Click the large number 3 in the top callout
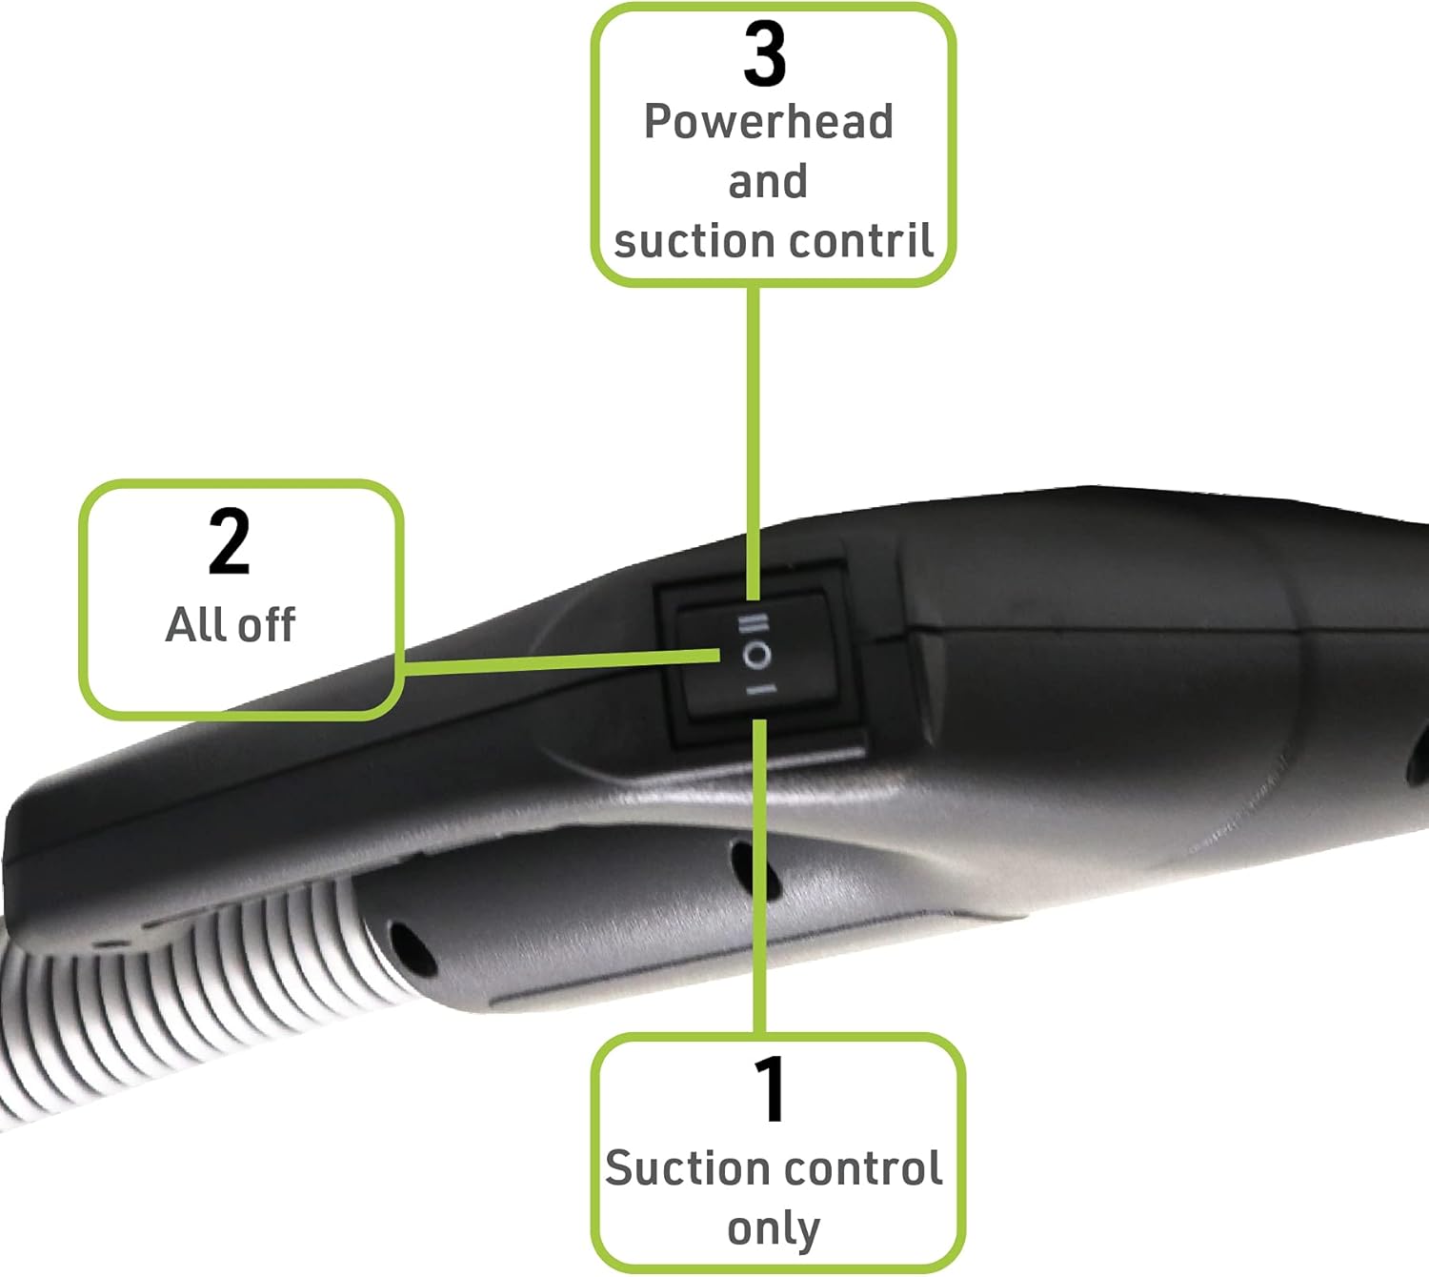coord(766,54)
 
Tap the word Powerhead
coord(769,123)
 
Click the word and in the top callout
coord(768,181)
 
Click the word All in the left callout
coord(197,625)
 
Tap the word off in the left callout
coord(266,625)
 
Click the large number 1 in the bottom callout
coord(771,1089)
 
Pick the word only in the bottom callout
coord(773,1228)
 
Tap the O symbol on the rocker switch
coord(757,656)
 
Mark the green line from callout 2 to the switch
coord(562,659)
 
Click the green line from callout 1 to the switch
coord(760,877)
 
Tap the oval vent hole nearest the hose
coord(412,948)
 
